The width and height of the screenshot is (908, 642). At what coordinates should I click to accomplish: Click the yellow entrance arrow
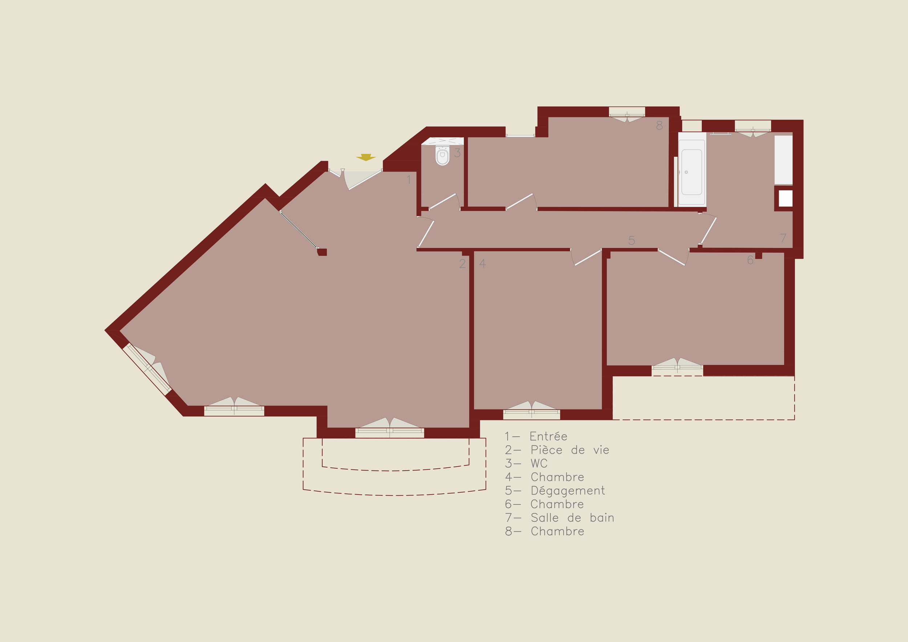366,157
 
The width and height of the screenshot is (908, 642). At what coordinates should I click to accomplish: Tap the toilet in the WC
442,155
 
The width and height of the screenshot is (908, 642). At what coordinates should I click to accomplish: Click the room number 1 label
409,179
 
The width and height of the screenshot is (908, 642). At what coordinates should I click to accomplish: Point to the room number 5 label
632,240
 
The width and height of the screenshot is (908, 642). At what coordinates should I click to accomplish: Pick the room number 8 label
659,125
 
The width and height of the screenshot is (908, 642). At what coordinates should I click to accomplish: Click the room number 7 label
783,238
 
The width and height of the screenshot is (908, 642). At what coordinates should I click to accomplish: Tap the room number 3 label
458,153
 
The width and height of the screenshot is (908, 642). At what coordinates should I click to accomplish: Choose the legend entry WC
539,463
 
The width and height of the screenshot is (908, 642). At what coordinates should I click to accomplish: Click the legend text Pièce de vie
570,450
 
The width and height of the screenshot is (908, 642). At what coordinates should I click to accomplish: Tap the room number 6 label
750,260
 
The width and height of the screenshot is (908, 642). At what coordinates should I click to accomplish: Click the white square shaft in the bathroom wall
785,199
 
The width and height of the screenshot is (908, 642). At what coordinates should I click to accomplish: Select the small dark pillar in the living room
322,252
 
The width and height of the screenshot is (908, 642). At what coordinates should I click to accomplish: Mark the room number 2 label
462,263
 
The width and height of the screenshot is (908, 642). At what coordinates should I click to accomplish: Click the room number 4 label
482,263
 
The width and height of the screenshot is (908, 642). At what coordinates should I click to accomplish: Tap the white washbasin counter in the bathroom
783,160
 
